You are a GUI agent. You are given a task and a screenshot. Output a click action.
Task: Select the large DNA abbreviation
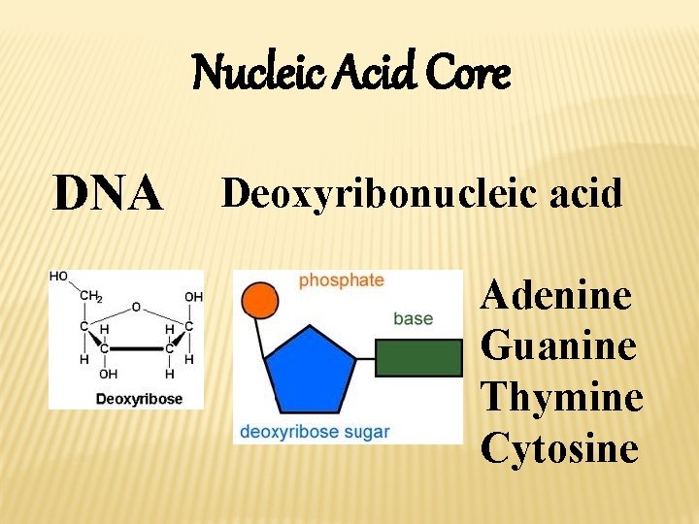point(108,194)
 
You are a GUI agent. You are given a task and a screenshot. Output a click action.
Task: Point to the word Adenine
point(556,294)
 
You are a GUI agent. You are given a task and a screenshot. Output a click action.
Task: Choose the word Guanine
point(559,345)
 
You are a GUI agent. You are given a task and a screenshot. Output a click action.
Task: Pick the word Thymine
point(562,396)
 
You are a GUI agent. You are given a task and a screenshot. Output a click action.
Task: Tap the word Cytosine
point(560,447)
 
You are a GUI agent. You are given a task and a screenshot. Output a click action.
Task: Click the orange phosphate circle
point(260,300)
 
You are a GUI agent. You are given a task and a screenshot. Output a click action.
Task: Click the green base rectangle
point(418,357)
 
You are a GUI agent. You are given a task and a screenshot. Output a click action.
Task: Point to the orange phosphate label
point(341,280)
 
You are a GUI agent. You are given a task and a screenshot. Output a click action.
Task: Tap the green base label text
point(414,318)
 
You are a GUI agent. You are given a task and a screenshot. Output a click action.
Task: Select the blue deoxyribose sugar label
point(315,432)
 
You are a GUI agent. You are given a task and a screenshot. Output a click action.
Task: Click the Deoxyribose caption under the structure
point(138,399)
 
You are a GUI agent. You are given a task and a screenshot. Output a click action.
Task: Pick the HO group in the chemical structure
point(59,277)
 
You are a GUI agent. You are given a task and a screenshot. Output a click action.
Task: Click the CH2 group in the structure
point(90,296)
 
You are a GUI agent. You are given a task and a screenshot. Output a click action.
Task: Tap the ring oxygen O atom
point(136,307)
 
